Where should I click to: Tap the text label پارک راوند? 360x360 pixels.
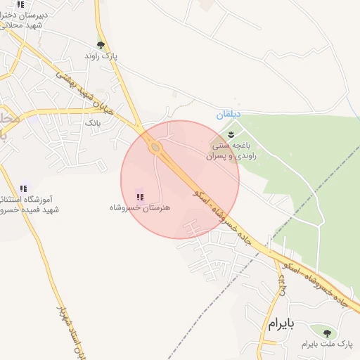[x=101, y=56]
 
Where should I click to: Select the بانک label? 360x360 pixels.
[x=93, y=122]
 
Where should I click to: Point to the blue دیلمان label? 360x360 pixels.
[x=229, y=114]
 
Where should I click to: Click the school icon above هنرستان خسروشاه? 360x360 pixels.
[x=139, y=196]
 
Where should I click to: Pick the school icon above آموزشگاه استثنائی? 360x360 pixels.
[x=23, y=188]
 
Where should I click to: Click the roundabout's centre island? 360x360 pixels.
[x=155, y=148]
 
